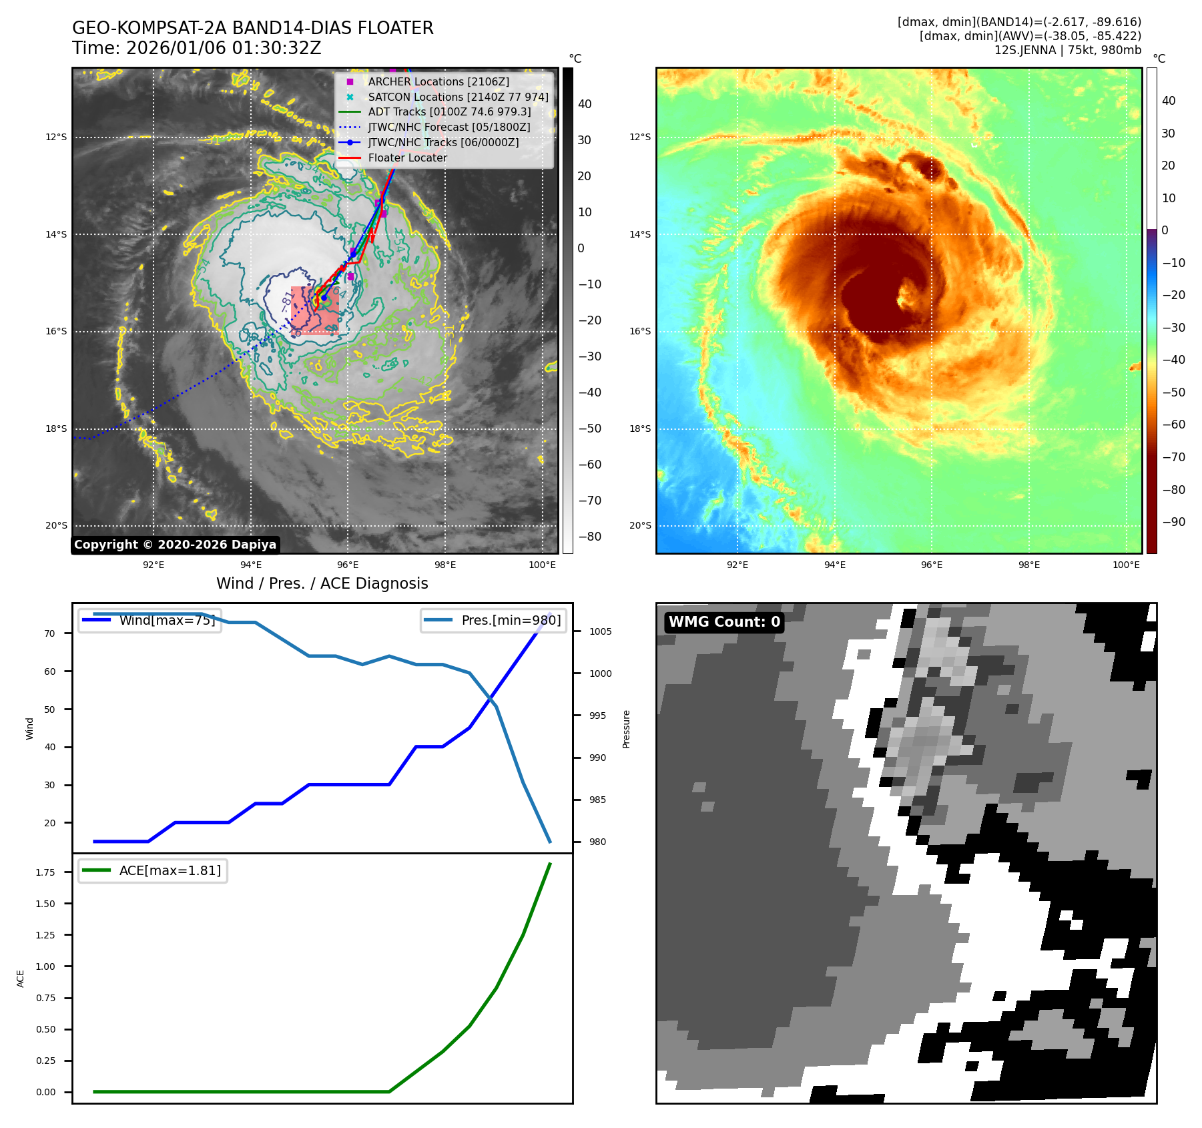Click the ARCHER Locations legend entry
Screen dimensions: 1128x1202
(438, 81)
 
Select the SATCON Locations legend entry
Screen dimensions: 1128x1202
(458, 97)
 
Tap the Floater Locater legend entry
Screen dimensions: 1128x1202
(407, 158)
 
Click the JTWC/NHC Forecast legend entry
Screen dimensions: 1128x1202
(448, 127)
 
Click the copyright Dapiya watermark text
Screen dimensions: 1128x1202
(175, 545)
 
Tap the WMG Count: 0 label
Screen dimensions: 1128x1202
(724, 622)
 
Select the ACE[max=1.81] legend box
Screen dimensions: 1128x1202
(153, 870)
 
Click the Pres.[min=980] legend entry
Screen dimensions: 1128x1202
(494, 620)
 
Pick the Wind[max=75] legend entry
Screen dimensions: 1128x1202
(150, 620)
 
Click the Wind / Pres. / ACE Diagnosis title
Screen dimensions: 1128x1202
(322, 583)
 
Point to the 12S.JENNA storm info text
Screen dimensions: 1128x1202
(1067, 50)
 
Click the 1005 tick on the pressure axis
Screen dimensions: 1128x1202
(600, 631)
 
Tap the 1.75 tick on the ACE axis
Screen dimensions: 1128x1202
(45, 872)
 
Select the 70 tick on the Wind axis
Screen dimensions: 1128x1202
(50, 633)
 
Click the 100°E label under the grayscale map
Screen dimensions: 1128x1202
(542, 565)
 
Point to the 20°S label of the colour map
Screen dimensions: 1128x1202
(639, 525)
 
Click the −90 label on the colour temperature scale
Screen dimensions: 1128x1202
(1173, 522)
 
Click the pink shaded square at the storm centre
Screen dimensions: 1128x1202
(315, 310)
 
